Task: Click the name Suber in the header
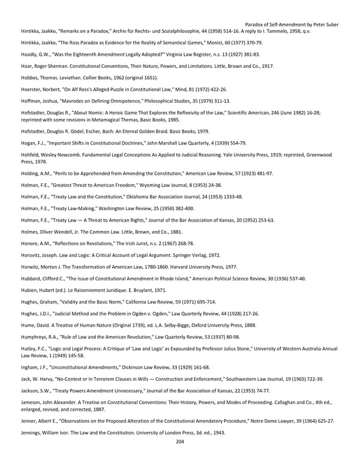coord(331,25)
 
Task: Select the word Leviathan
coord(76,77)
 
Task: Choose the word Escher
coord(95,131)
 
